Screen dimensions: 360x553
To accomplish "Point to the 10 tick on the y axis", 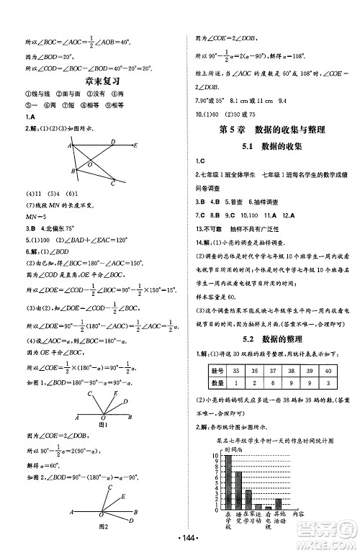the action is [215, 456].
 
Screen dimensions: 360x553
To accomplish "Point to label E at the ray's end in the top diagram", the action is [136, 145].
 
